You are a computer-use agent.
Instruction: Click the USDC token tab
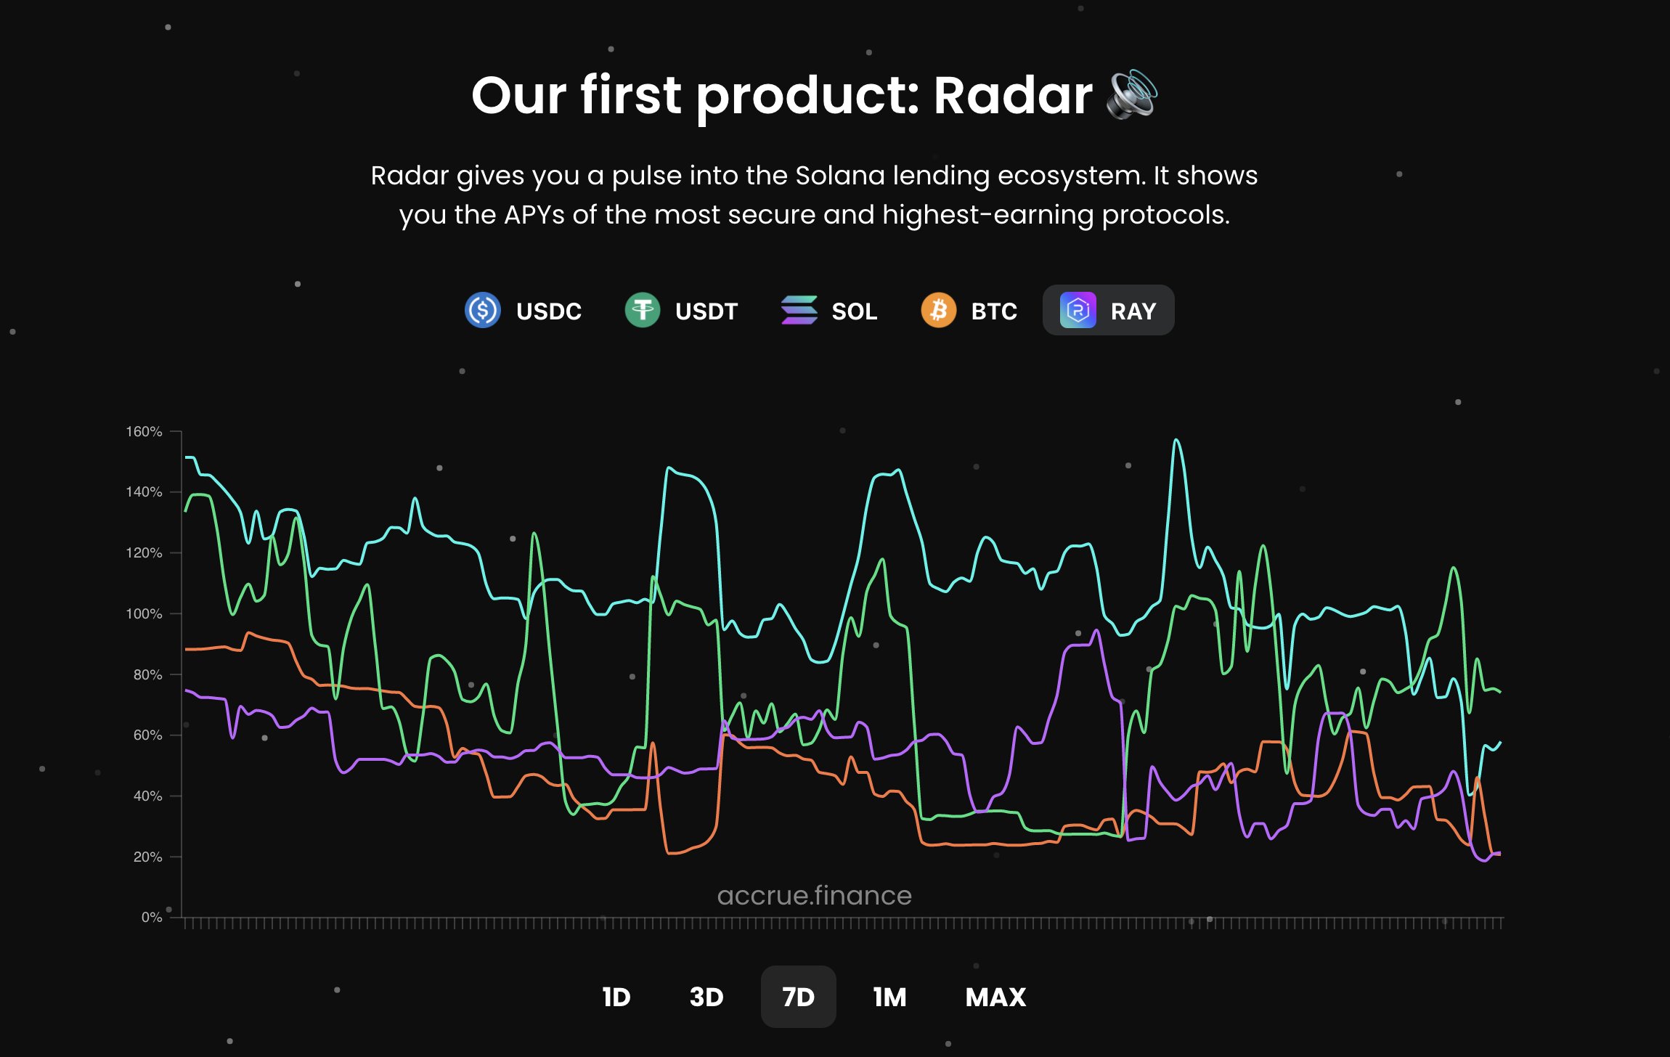pyautogui.click(x=524, y=311)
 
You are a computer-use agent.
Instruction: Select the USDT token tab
pyautogui.click(x=681, y=311)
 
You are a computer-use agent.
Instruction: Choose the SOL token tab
pyautogui.click(x=829, y=311)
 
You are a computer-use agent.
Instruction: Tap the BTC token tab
pyautogui.click(x=969, y=311)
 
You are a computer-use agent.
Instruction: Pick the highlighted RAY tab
pyautogui.click(x=1108, y=311)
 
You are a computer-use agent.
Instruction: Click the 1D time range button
pyautogui.click(x=616, y=997)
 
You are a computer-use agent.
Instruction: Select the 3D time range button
pyautogui.click(x=706, y=997)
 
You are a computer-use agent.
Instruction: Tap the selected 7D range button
pyautogui.click(x=798, y=997)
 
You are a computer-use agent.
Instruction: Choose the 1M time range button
pyautogui.click(x=889, y=997)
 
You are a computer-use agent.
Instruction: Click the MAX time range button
pyautogui.click(x=995, y=997)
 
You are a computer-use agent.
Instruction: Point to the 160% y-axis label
pyautogui.click(x=144, y=431)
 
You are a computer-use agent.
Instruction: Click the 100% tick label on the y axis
pyautogui.click(x=144, y=613)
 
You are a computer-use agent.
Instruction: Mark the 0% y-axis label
pyautogui.click(x=151, y=917)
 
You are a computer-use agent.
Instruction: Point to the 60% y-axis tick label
pyautogui.click(x=147, y=735)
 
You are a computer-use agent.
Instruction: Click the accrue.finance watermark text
pyautogui.click(x=814, y=895)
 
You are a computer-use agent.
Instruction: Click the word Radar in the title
pyautogui.click(x=1012, y=95)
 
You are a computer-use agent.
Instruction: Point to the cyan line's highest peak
pyautogui.click(x=1176, y=440)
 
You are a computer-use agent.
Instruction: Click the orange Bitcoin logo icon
pyautogui.click(x=938, y=311)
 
